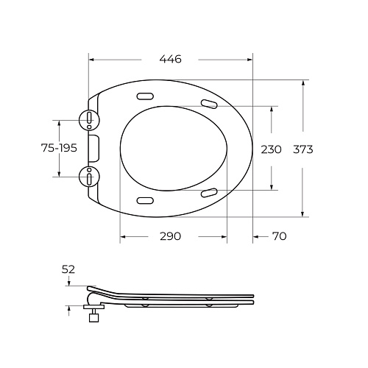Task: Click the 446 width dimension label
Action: [x=171, y=59]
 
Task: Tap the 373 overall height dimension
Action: [x=303, y=149]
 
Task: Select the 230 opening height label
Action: [x=271, y=149]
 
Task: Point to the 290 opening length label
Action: [x=171, y=236]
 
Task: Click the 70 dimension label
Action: [x=280, y=236]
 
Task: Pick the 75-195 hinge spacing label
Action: [x=59, y=148]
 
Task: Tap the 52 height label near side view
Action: [x=68, y=269]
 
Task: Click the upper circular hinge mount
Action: [x=89, y=120]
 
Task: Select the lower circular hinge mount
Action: [x=89, y=177]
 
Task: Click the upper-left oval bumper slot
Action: [x=145, y=96]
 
